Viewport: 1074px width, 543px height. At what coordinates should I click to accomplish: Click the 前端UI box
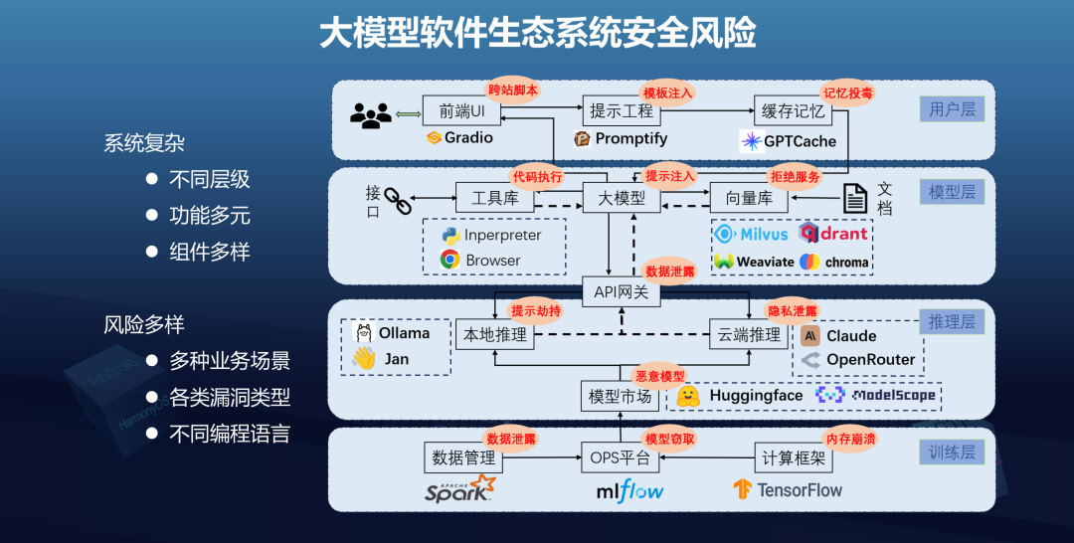(x=461, y=110)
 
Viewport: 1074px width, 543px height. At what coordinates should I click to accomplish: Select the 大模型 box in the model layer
(x=621, y=198)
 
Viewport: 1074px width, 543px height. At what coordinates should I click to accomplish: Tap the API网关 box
(x=621, y=291)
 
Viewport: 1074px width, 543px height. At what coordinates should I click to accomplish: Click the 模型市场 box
(x=621, y=396)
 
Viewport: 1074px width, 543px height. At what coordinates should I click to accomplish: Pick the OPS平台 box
(x=621, y=458)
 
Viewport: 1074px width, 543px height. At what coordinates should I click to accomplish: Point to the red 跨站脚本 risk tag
(x=513, y=90)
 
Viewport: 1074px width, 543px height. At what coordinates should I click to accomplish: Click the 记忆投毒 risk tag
(x=847, y=92)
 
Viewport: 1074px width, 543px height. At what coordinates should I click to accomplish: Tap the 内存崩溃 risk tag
(x=851, y=439)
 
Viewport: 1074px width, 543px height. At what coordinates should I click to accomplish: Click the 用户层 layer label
(x=952, y=109)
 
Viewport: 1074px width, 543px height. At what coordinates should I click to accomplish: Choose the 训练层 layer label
(x=952, y=453)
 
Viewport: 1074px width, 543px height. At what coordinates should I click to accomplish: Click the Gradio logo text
(x=468, y=138)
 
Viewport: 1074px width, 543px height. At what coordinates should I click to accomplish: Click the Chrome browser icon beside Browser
(x=449, y=260)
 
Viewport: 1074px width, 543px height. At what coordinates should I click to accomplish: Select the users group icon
(x=371, y=116)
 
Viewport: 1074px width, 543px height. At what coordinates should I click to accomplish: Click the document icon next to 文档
(x=855, y=198)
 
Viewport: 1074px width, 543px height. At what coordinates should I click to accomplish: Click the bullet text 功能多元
(x=210, y=216)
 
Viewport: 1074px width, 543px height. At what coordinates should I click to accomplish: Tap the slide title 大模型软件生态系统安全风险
(x=537, y=33)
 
